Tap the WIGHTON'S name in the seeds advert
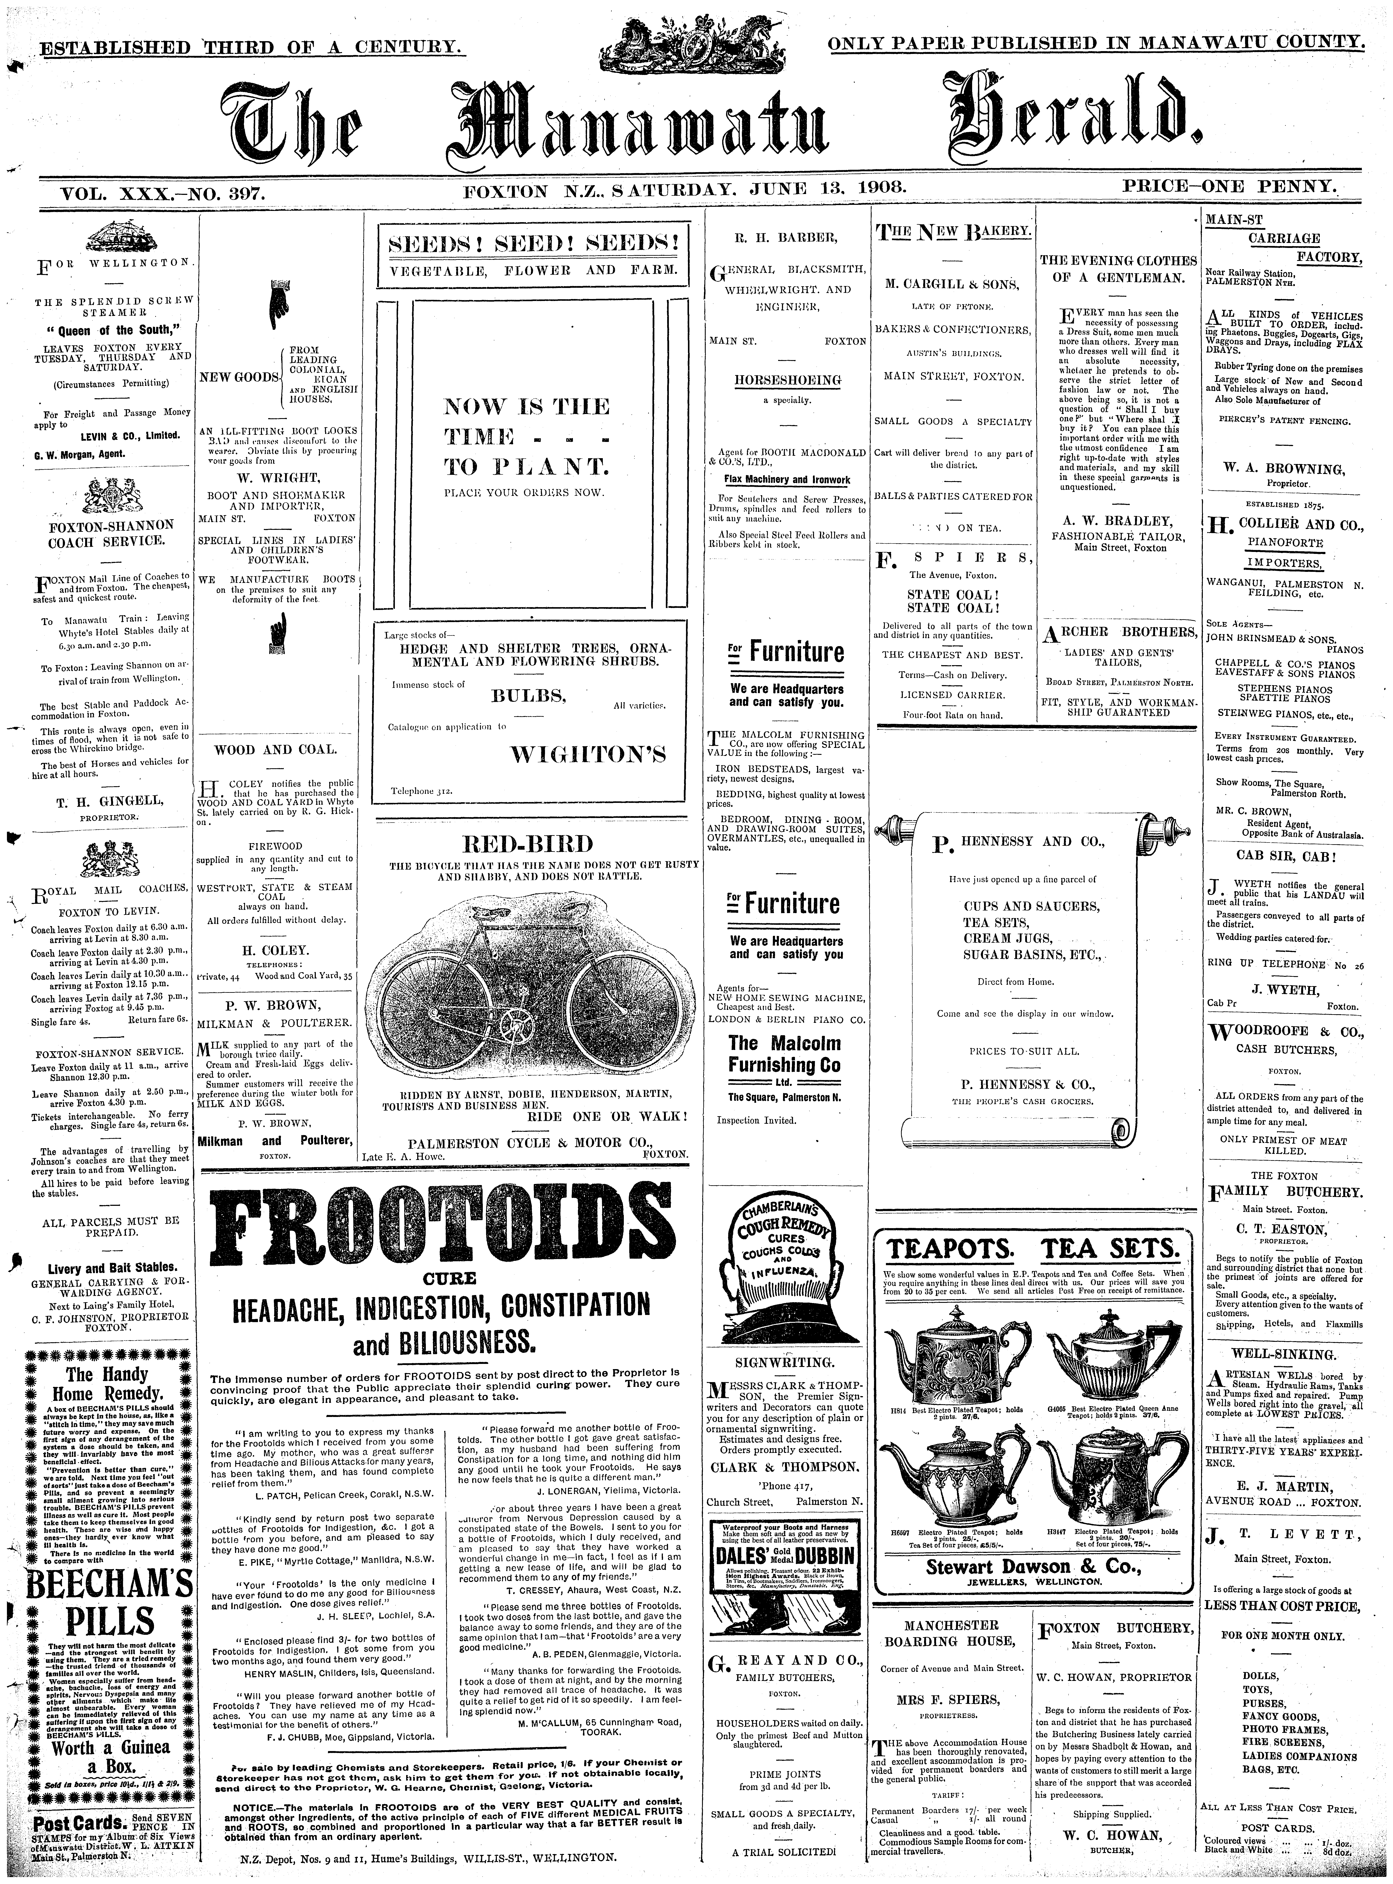(x=588, y=754)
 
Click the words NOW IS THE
(x=527, y=407)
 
